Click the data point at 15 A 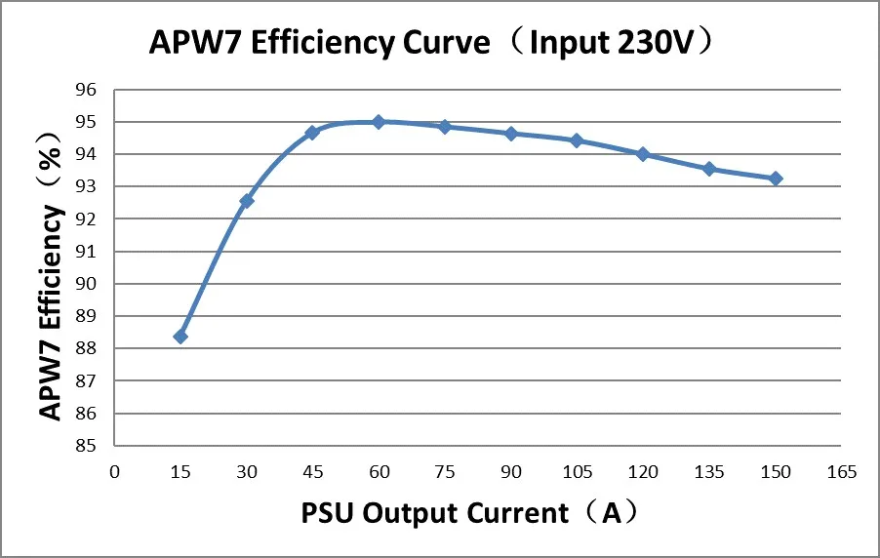[x=180, y=337]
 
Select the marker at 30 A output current [x=247, y=201]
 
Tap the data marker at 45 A [x=312, y=132]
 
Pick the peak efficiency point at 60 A [x=379, y=122]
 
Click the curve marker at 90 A [x=510, y=134]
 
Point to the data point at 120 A [x=643, y=154]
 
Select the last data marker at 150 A [x=775, y=179]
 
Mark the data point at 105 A [x=577, y=140]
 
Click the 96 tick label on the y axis [x=87, y=90]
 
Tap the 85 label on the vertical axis [x=87, y=446]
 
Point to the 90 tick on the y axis [x=87, y=284]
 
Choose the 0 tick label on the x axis [x=114, y=472]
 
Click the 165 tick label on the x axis [x=841, y=472]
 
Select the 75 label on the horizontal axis [x=445, y=472]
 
